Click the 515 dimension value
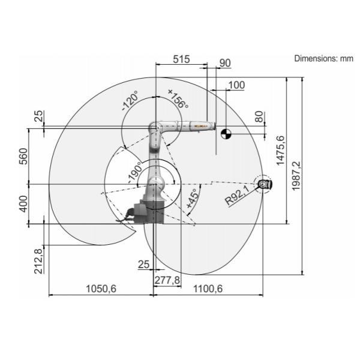[181, 59]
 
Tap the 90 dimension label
[225, 63]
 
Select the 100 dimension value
[237, 85]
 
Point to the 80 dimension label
[259, 117]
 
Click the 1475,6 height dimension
[280, 151]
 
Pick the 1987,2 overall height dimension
[296, 176]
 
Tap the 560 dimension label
[23, 157]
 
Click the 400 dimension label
[23, 204]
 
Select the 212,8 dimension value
[38, 262]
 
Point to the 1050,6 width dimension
[101, 289]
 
